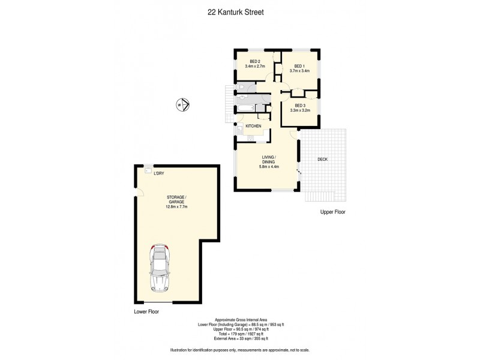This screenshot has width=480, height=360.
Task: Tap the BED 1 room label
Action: (x=299, y=66)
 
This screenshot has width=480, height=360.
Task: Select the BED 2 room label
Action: (x=254, y=62)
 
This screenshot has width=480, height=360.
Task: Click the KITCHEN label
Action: (x=253, y=126)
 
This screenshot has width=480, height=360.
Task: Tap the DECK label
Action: (x=322, y=159)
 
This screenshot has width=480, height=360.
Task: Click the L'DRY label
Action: (x=159, y=173)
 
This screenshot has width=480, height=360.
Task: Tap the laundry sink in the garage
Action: (x=148, y=171)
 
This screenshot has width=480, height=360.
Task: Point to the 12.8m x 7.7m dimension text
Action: (x=177, y=207)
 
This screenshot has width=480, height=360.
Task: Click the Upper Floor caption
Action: (x=333, y=212)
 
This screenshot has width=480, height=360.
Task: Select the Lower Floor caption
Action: (x=146, y=312)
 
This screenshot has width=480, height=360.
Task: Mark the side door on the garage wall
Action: (x=138, y=193)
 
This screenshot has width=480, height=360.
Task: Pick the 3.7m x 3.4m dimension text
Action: (x=299, y=71)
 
